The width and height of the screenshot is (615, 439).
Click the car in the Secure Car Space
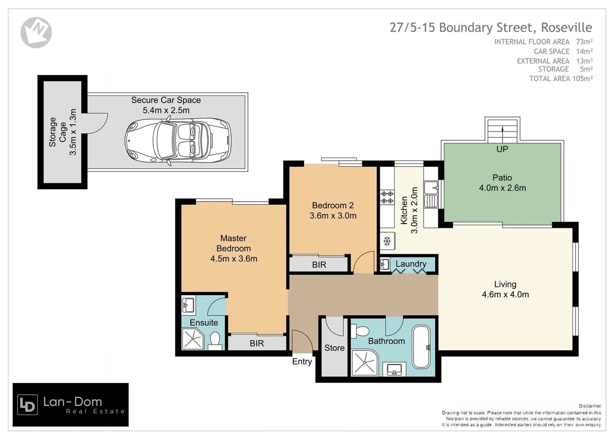coord(178,140)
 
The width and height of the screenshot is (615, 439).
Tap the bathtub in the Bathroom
coord(421,347)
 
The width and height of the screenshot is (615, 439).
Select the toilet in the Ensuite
coord(215,340)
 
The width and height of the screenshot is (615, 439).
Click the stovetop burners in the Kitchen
coord(387,198)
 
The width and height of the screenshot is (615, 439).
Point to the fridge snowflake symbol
coord(387,241)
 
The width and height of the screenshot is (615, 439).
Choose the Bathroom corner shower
coord(364,362)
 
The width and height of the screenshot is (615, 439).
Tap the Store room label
coord(334,348)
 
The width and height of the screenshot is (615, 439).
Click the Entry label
coord(302,361)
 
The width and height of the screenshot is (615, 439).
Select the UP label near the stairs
coord(502,149)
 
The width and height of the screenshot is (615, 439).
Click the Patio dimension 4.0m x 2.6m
coord(502,188)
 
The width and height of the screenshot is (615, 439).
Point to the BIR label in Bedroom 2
coord(319,265)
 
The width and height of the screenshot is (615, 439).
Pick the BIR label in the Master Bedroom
coord(257,343)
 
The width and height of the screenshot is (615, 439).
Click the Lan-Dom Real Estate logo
coord(71,404)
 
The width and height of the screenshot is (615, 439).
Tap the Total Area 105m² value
coord(582,79)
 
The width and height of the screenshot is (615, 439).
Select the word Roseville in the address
coord(566,28)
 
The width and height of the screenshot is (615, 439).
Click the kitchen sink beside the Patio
coord(431,188)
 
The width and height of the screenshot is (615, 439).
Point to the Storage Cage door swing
coord(97,123)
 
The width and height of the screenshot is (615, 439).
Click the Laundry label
coord(411,264)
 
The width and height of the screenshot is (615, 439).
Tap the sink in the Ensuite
coord(188,304)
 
